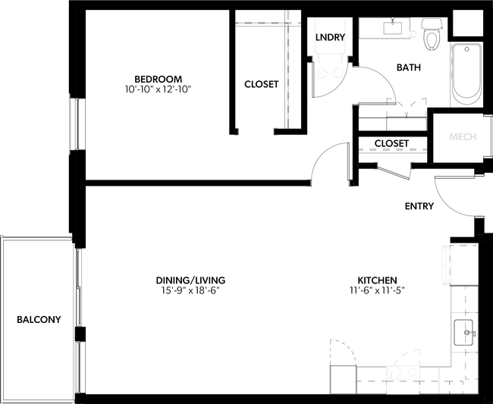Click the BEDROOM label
[x=158, y=79]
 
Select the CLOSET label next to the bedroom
[x=261, y=84]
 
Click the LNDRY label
[x=330, y=37]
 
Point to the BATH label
[x=409, y=67]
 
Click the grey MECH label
[x=462, y=137]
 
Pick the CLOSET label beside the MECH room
[x=391, y=143]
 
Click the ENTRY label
[x=419, y=206]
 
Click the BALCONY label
[x=39, y=320]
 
